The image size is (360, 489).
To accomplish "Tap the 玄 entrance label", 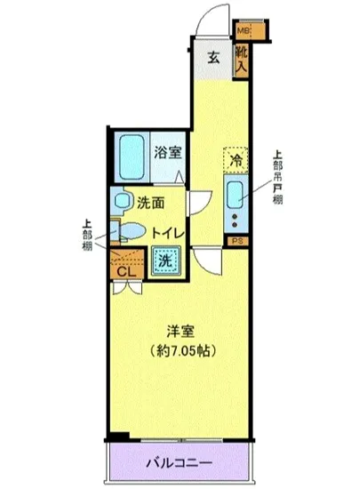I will point(214,58).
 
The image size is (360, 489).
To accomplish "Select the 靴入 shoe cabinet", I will point(242,60).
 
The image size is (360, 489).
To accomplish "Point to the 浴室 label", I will point(169,150).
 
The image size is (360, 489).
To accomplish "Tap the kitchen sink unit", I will point(236,204).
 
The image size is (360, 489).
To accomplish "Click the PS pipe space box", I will point(236,241).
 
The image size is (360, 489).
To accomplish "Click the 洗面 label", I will point(151,201).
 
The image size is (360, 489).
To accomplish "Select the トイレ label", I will point(167,232).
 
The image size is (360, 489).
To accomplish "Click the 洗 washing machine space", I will point(164,261).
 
